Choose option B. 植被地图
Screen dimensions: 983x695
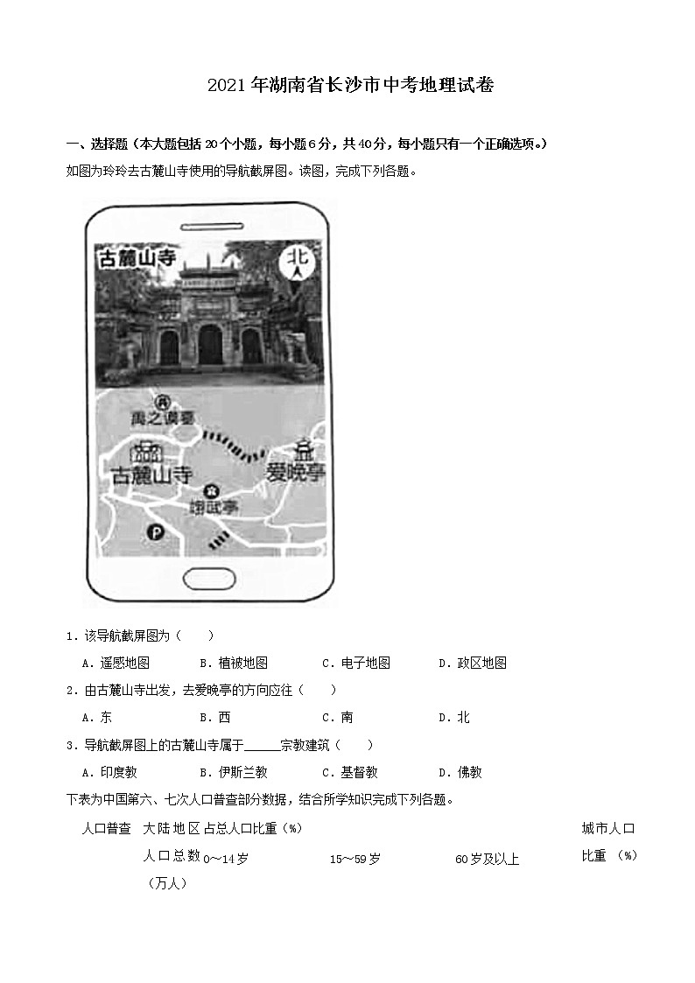tap(234, 663)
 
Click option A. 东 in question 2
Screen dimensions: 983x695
tap(97, 717)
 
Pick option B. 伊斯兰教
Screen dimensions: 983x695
tap(234, 772)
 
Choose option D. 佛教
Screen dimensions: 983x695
tap(460, 772)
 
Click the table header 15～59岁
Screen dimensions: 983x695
tap(355, 859)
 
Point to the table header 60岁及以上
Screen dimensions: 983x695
tap(488, 859)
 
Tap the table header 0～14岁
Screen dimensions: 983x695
tap(226, 859)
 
